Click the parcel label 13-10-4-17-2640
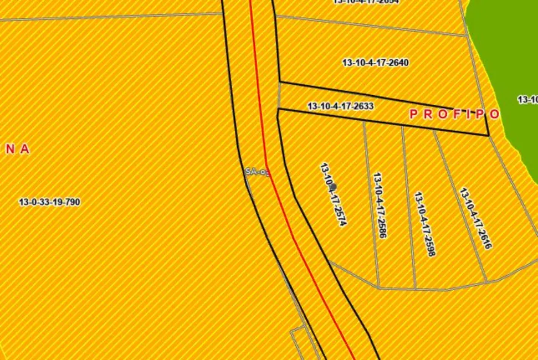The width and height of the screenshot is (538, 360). pos(376,63)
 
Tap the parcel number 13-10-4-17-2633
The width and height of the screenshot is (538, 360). pos(340,106)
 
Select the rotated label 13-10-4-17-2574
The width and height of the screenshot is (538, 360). pos(334,194)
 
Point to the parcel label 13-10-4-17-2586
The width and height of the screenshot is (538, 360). pos(380,205)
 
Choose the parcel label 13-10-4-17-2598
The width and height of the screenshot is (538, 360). pos(425,224)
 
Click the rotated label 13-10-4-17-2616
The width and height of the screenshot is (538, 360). pos(475,218)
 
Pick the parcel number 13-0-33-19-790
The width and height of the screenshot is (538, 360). pos(49,202)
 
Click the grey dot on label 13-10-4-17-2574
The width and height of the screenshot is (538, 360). pos(333,187)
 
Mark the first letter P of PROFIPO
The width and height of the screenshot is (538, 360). pos(413,114)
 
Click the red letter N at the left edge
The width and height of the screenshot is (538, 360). pos(11,150)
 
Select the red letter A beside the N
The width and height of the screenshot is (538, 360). pos(25,150)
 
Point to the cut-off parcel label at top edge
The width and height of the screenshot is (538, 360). pos(365,2)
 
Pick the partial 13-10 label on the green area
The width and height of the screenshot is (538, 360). pos(527,100)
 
